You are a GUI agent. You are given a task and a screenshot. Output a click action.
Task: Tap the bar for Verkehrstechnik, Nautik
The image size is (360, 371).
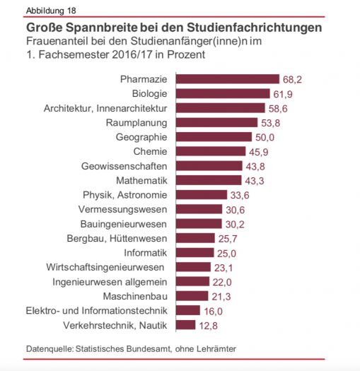click(x=185, y=325)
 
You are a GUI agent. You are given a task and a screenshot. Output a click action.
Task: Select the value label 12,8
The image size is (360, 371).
click(x=207, y=325)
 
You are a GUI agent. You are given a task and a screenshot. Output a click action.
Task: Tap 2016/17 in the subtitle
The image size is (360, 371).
click(x=117, y=54)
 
